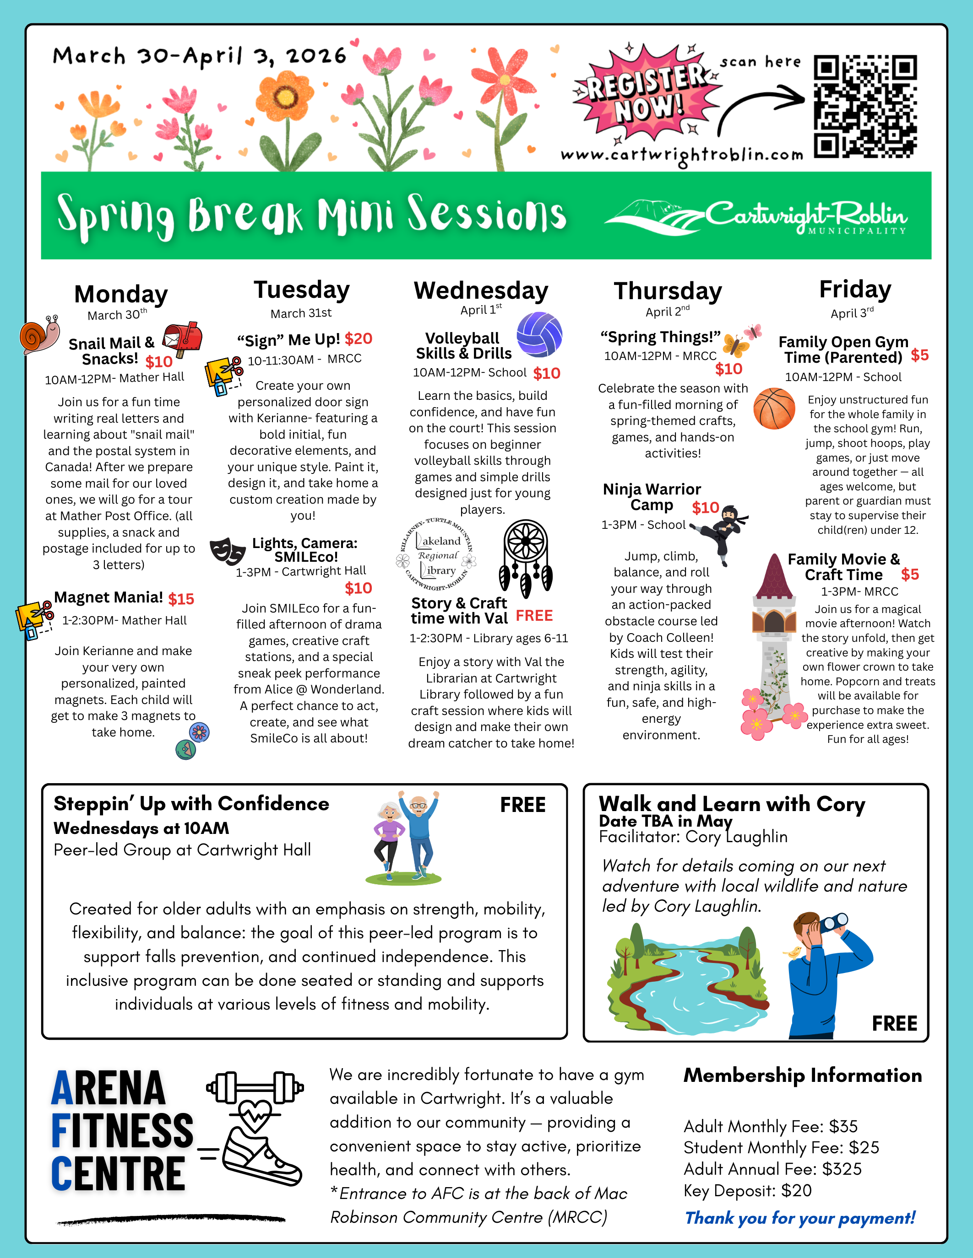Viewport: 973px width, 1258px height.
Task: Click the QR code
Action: click(x=864, y=107)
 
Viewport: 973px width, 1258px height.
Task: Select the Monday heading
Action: click(x=121, y=294)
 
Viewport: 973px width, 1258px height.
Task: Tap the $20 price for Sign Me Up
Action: click(x=359, y=339)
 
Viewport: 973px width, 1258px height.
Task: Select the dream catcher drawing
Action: click(x=526, y=558)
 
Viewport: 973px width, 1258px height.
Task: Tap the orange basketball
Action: click(x=774, y=409)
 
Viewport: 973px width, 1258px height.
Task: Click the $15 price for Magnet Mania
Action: click(x=181, y=599)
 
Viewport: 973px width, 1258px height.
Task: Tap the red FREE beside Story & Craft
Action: click(x=534, y=616)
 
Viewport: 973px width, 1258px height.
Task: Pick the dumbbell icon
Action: click(x=255, y=1087)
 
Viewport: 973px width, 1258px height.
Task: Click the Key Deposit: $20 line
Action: click(x=747, y=1191)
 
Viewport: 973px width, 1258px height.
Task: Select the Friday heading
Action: click(x=855, y=289)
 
